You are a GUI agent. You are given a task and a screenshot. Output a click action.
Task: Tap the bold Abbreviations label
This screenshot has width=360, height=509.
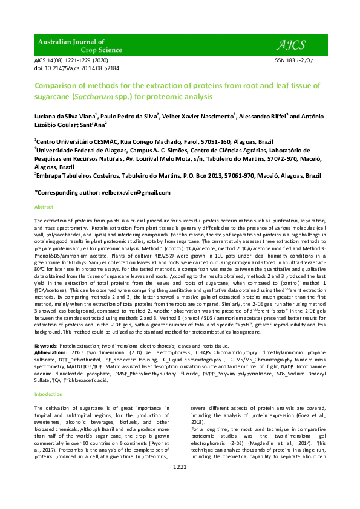pyautogui.click(x=51, y=351)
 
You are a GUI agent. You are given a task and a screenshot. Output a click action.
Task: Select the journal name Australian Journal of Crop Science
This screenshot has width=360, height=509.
pyautogui.click(x=71, y=45)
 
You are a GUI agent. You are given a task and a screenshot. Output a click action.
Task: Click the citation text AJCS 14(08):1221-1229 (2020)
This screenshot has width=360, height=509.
pyautogui.click(x=71, y=61)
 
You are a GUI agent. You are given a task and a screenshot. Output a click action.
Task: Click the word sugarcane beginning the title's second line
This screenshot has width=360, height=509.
pyautogui.click(x=53, y=96)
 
